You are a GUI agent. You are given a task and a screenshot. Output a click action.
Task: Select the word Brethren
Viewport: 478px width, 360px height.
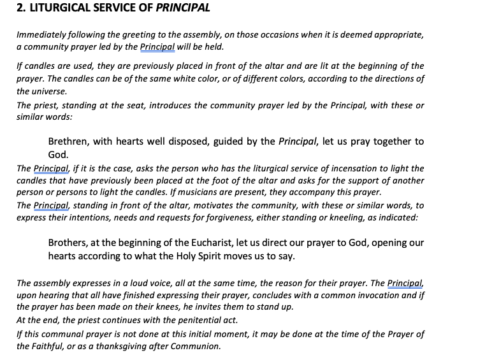(x=69, y=141)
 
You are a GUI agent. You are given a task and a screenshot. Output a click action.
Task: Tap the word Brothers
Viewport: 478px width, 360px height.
(x=69, y=243)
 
